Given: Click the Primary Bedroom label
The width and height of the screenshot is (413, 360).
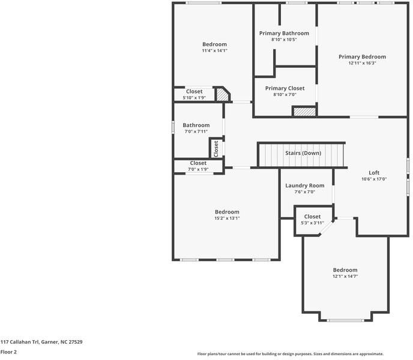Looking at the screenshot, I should [x=362, y=56].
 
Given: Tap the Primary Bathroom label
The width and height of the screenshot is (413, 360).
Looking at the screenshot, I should [x=284, y=33].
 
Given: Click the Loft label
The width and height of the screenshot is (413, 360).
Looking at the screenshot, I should [x=373, y=173].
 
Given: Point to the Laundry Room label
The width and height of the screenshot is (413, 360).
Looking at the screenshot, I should [x=304, y=185].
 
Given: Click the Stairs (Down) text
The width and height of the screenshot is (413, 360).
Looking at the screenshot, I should [x=303, y=153].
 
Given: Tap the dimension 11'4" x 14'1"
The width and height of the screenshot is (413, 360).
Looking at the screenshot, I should [x=214, y=51].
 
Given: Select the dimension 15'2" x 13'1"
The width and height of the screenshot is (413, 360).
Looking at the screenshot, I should [x=227, y=218].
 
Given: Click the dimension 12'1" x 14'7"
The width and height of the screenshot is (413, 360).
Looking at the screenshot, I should [x=345, y=277].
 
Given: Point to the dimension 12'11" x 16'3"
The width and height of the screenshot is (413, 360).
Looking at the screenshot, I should [x=362, y=63].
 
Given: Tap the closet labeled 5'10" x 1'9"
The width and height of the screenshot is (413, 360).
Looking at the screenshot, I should [x=194, y=94].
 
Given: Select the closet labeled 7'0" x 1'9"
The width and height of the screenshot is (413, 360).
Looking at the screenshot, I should [x=198, y=166].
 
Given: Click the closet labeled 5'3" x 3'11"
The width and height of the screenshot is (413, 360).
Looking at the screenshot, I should [x=312, y=220].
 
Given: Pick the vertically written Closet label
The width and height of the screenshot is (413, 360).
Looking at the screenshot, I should [x=216, y=148].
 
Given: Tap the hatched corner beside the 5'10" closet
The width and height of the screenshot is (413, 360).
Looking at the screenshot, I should [x=223, y=94].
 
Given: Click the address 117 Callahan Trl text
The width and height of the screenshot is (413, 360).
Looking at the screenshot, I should [x=41, y=342].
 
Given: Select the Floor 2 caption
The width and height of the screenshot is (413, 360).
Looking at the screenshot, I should [x=8, y=352].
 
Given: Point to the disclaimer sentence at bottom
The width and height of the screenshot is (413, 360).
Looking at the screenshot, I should [x=290, y=354].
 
